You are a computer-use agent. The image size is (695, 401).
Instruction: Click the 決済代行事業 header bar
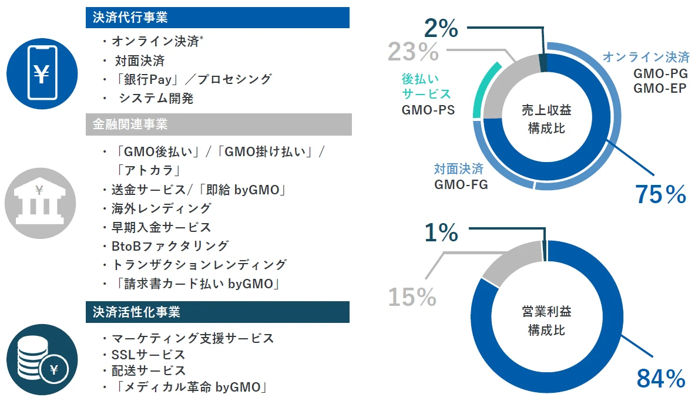[217, 18]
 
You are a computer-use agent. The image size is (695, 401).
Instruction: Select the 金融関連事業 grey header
[217, 124]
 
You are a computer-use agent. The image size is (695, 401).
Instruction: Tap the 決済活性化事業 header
[217, 312]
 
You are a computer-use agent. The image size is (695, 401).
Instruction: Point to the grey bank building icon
[41, 201]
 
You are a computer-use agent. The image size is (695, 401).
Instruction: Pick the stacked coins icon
[42, 359]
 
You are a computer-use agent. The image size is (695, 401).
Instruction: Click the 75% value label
[660, 194]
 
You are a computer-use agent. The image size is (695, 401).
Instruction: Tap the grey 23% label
[413, 52]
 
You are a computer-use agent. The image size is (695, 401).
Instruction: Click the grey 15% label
[412, 297]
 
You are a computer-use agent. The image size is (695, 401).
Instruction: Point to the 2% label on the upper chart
[441, 28]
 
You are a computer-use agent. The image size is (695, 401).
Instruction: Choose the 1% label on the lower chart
[441, 232]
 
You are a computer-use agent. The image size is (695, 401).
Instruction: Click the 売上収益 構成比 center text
[546, 119]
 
